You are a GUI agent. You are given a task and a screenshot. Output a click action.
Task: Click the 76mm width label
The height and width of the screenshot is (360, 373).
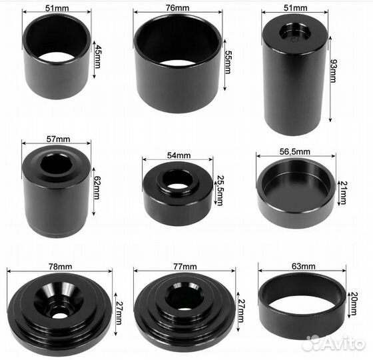tap(177, 8)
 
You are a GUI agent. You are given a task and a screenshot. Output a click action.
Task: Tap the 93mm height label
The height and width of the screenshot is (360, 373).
tap(334, 71)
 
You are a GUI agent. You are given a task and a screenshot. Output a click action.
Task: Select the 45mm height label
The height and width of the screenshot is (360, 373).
tap(97, 57)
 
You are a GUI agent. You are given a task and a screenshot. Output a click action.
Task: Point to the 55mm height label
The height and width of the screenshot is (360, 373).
tap(228, 62)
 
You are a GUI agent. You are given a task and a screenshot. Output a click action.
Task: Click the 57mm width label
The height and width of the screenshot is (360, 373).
tap(59, 139)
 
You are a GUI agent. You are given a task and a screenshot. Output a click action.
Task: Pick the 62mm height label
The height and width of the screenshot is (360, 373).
tap(97, 187)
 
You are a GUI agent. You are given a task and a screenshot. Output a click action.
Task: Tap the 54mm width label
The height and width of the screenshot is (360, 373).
tap(179, 155)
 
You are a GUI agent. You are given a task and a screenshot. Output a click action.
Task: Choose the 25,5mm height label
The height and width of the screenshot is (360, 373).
tap(220, 191)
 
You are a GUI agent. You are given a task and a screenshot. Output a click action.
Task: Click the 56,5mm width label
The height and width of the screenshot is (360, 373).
tap(294, 152)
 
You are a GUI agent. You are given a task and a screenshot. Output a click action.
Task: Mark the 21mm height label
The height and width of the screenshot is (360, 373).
tap(344, 193)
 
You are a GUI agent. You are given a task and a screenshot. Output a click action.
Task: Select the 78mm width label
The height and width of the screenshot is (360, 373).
tap(60, 267)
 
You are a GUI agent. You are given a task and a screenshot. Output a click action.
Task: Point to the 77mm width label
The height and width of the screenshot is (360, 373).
tap(185, 267)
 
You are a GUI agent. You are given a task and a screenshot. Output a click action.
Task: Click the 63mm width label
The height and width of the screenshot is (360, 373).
tap(304, 266)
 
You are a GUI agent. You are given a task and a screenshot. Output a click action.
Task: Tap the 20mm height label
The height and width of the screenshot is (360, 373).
tap(354, 303)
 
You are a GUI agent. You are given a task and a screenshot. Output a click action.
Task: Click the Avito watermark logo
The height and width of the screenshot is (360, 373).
tap(333, 343)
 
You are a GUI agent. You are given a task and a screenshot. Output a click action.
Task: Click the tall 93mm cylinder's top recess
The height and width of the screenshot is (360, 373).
tap(295, 33)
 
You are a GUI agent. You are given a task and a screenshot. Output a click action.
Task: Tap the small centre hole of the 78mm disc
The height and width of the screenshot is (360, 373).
tap(59, 315)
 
